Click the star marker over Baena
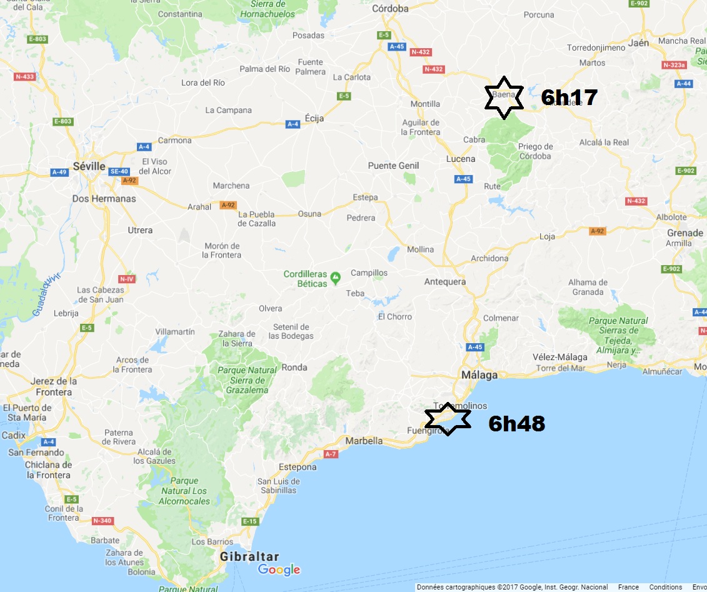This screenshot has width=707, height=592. [x=504, y=98]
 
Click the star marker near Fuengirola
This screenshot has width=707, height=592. [x=448, y=419]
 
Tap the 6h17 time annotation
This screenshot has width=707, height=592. [x=569, y=98]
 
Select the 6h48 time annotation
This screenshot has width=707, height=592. [x=516, y=424]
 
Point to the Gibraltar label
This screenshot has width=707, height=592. [x=249, y=556]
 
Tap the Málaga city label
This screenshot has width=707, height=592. [x=479, y=375]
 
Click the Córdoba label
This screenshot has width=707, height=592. [x=390, y=9]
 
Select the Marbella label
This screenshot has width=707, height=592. [x=364, y=441]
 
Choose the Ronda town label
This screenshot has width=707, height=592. [x=294, y=368]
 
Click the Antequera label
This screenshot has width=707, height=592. [x=445, y=281]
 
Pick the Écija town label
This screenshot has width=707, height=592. [x=314, y=119]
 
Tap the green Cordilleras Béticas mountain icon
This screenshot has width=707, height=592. [x=336, y=276]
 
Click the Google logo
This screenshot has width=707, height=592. [x=279, y=569]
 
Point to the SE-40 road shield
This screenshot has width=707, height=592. [x=118, y=171]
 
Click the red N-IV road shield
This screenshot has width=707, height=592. [x=126, y=279]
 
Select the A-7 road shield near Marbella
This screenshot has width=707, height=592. [x=331, y=454]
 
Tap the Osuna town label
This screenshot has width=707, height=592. [x=309, y=214]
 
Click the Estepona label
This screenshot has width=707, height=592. [x=298, y=467]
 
